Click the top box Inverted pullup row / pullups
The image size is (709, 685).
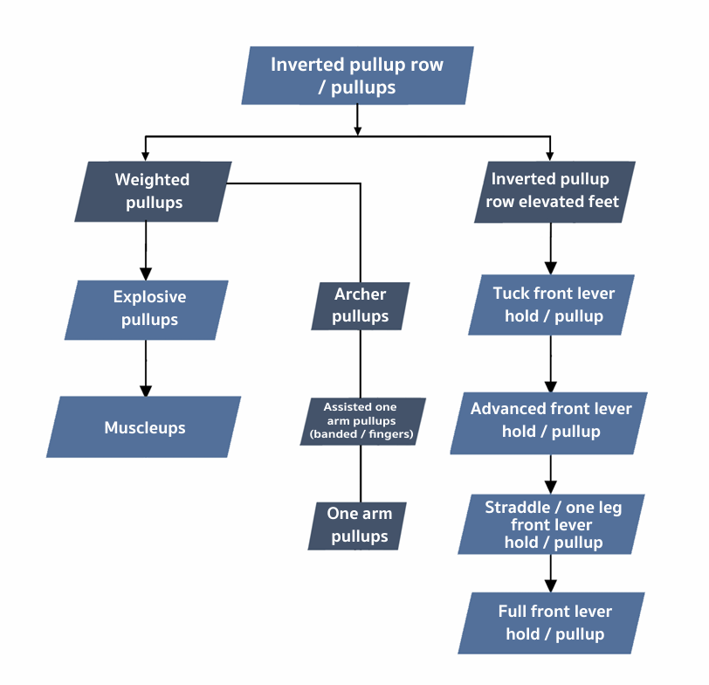[357, 76]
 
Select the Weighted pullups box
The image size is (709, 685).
[153, 190]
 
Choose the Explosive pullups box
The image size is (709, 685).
[147, 309]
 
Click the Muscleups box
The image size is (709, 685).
[144, 427]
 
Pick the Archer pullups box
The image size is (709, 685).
[360, 305]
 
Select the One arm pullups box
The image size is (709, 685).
[359, 524]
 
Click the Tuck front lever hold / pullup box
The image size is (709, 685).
[553, 305]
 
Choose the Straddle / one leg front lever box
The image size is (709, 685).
[553, 524]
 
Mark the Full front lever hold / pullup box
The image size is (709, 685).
[553, 622]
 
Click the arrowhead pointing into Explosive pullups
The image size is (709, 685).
[146, 273]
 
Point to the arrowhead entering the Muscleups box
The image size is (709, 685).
[146, 390]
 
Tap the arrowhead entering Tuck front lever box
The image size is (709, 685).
[550, 268]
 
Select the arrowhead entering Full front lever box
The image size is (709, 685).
[550, 586]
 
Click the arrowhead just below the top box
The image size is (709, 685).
[357, 130]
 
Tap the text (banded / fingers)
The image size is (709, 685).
[361, 433]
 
